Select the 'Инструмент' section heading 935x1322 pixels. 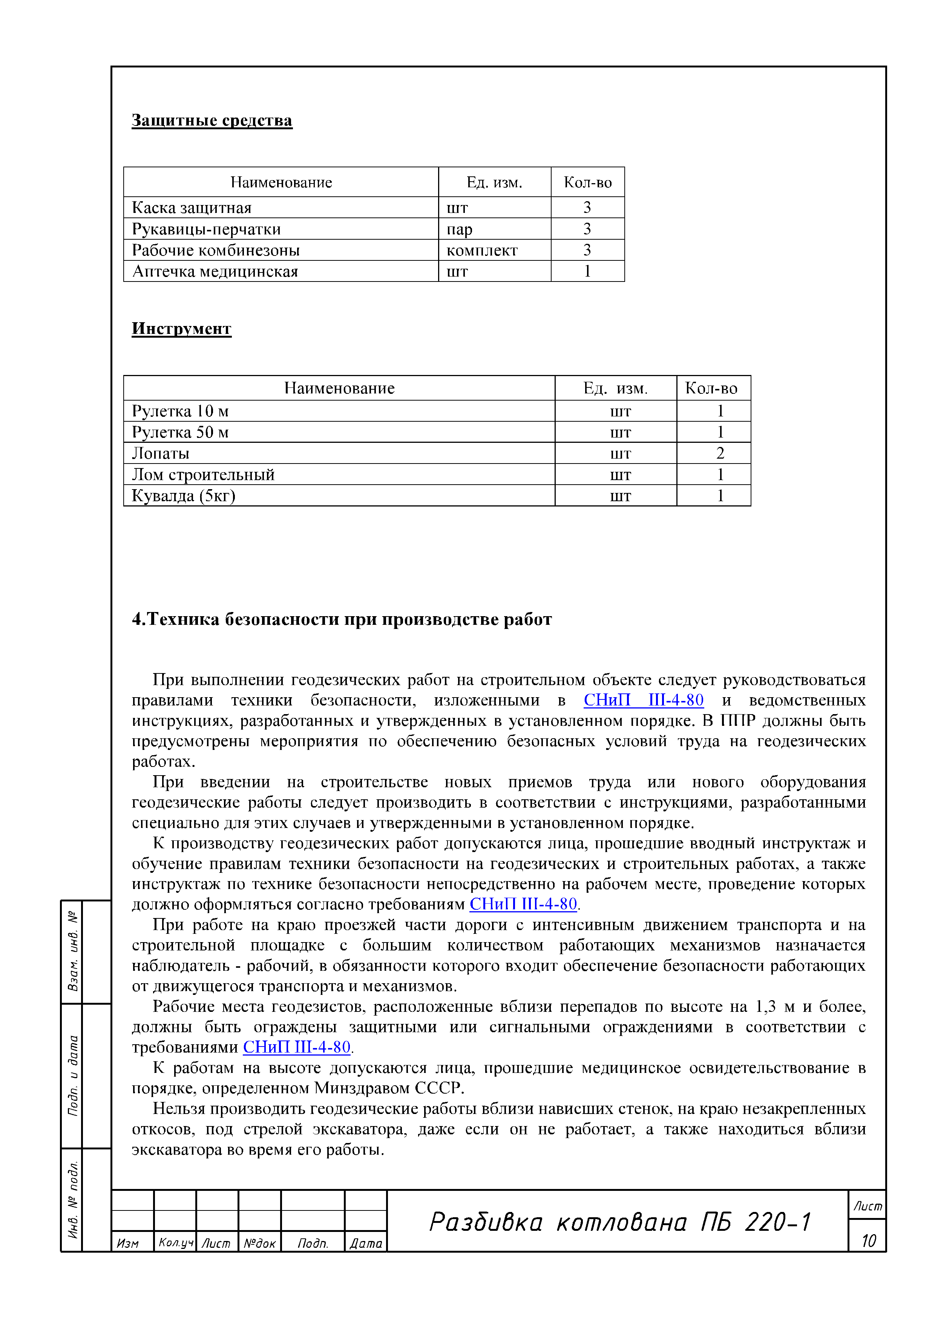pyautogui.click(x=181, y=328)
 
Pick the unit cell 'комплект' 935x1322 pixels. pyautogui.click(x=481, y=251)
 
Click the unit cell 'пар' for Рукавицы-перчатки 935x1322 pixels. pyautogui.click(x=459, y=229)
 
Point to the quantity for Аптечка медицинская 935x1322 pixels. pyautogui.click(x=587, y=271)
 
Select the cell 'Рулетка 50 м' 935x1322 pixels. pyautogui.click(x=180, y=432)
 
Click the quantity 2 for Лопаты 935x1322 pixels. pyautogui.click(x=720, y=454)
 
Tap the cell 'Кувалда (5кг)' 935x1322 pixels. pyautogui.click(x=183, y=496)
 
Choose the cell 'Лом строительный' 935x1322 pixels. pyautogui.click(x=203, y=474)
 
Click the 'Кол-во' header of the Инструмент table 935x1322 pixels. pyautogui.click(x=711, y=389)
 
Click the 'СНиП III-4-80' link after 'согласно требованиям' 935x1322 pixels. pyautogui.click(x=523, y=904)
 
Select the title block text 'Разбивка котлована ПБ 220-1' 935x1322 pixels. pyautogui.click(x=619, y=1222)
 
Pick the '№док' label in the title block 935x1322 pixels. pyautogui.click(x=259, y=1243)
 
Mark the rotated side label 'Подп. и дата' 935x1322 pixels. pyautogui.click(x=73, y=1075)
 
